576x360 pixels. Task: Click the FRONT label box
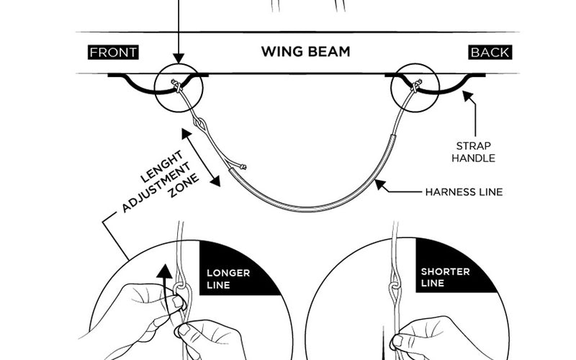(x=113, y=53)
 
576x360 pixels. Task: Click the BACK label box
(x=490, y=53)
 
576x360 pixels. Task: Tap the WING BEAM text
(x=305, y=52)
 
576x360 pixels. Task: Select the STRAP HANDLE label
(x=473, y=150)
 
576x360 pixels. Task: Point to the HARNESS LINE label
(x=463, y=192)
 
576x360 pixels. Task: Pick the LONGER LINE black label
(x=228, y=278)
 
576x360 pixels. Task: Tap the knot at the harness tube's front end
(x=243, y=168)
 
